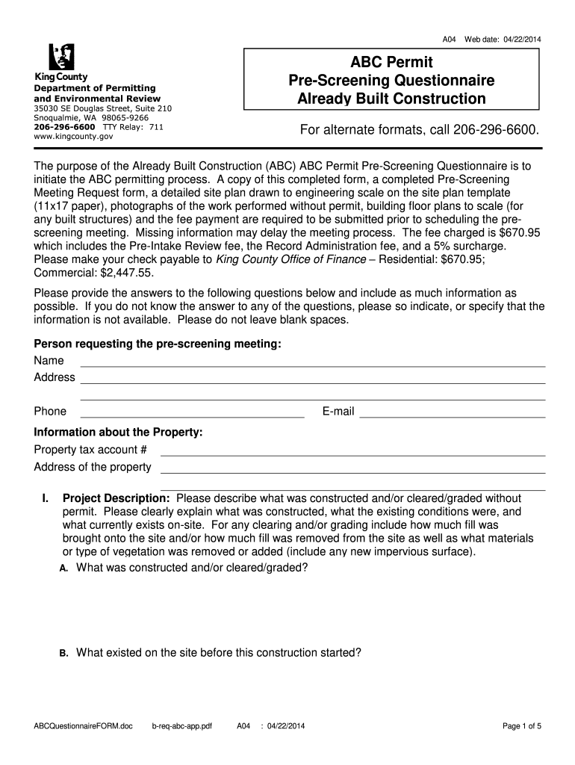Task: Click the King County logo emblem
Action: pos(62,57)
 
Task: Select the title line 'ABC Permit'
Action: pos(392,62)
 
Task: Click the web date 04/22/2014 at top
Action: pos(515,39)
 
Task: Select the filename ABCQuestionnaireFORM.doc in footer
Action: pos(83,726)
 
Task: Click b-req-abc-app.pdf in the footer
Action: pos(182,726)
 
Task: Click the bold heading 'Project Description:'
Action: pos(116,498)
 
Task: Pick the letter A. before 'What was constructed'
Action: pos(64,569)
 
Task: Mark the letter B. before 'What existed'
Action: pos(64,653)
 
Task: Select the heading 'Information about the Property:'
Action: pos(118,433)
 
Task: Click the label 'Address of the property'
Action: pos(93,468)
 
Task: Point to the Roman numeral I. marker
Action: pos(46,498)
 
